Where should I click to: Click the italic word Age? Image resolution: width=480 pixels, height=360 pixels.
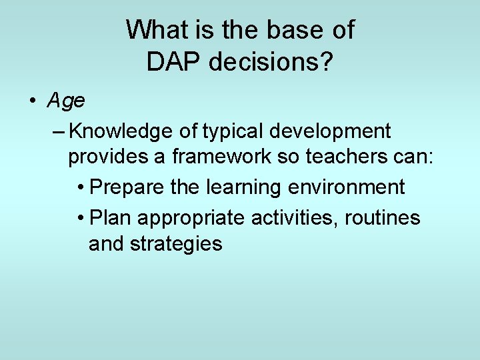pos(66,101)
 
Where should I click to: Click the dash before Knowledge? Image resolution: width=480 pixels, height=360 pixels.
pos(58,131)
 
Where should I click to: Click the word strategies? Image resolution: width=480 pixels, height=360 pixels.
pos(176,244)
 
